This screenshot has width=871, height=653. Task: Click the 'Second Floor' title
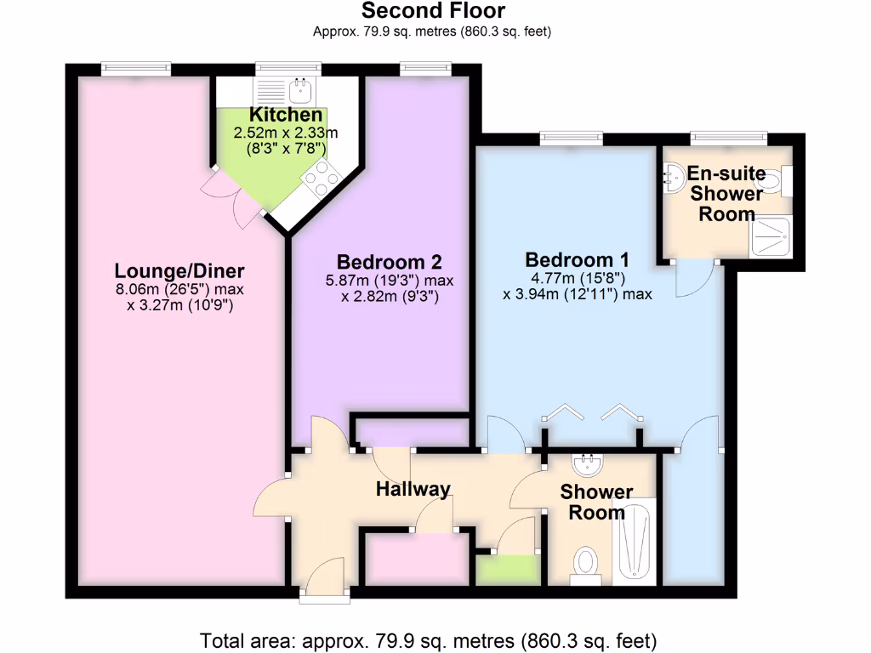(x=433, y=11)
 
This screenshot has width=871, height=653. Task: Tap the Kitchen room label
(x=286, y=115)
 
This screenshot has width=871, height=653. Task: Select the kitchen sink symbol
(x=299, y=88)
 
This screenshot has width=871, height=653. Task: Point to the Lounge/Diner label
(x=179, y=271)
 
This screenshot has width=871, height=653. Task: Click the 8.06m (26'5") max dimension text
(x=179, y=290)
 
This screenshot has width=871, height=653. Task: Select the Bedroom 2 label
(x=389, y=262)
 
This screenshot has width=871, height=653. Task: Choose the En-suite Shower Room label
(x=726, y=194)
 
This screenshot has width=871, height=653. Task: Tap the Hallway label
(x=413, y=489)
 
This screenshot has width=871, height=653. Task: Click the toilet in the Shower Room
(x=586, y=564)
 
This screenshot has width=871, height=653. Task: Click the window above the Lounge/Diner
(x=135, y=68)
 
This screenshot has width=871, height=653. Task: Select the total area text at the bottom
(x=428, y=639)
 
